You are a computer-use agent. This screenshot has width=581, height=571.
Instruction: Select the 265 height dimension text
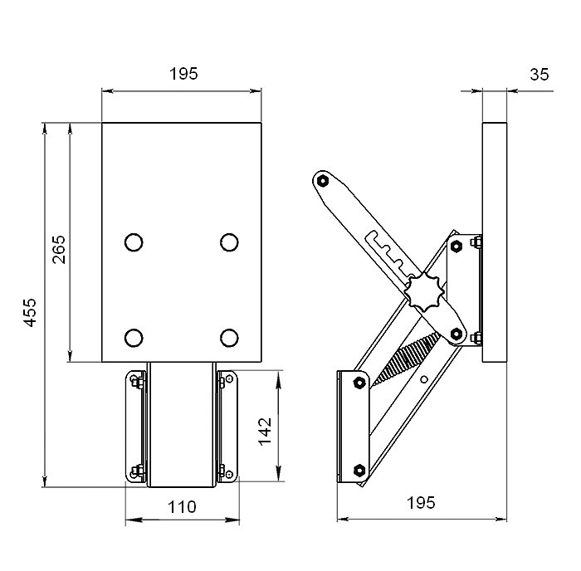click(x=59, y=249)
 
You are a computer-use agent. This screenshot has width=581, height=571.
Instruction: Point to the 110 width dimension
click(x=182, y=506)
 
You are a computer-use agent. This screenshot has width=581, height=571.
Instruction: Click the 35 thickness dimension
click(x=539, y=74)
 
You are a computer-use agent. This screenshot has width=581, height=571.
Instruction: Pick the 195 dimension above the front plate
click(x=183, y=74)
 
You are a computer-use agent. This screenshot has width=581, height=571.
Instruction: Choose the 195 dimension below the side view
click(x=421, y=503)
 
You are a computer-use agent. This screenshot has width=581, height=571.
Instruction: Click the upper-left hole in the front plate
click(x=132, y=242)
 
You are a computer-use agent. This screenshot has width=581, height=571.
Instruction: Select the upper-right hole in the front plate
click(x=229, y=242)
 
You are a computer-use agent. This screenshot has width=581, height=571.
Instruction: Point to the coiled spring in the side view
click(x=403, y=359)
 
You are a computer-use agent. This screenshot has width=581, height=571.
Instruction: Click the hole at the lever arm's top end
click(x=324, y=180)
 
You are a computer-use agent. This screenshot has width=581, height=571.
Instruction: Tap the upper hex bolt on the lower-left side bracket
click(x=358, y=383)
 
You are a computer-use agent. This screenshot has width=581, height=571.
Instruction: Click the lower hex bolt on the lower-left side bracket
click(x=358, y=470)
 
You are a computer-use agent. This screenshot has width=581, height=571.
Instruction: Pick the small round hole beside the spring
click(x=425, y=379)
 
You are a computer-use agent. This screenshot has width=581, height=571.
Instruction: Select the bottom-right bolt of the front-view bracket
click(x=224, y=475)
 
